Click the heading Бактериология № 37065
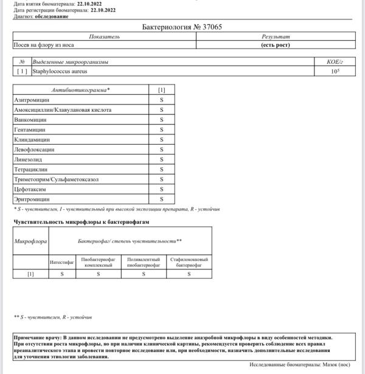click(x=182, y=27)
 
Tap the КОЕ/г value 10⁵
click(x=334, y=72)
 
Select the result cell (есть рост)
click(x=274, y=45)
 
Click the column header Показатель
click(x=104, y=37)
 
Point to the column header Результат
click(x=275, y=37)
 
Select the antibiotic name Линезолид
click(x=29, y=159)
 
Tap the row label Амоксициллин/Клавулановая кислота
click(x=63, y=110)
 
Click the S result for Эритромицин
click(x=162, y=199)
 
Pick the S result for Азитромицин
click(x=162, y=100)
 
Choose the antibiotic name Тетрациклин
click(x=30, y=169)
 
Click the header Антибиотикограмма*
click(x=81, y=90)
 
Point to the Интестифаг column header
click(x=62, y=263)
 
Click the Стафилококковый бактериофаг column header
click(x=189, y=263)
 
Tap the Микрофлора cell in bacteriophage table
click(x=30, y=241)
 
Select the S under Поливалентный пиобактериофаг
click(x=144, y=274)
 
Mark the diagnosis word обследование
click(x=52, y=16)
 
